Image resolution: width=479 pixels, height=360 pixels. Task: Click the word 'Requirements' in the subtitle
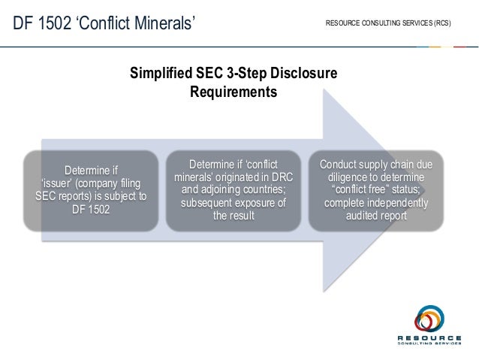pos(233,92)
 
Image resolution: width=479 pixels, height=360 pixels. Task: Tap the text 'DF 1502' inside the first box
pos(91,210)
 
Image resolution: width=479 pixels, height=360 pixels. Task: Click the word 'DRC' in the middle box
pos(278,177)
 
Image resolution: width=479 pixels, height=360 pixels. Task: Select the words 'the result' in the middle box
pos(233,216)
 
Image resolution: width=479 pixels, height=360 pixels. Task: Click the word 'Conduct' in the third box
pos(340,164)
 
